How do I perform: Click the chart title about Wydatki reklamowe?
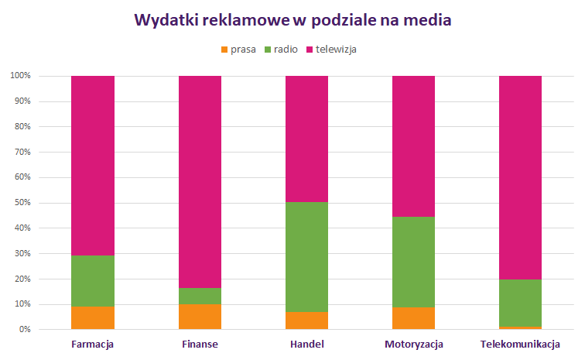coord(292,21)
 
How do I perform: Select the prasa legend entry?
coord(238,49)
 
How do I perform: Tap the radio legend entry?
coord(280,49)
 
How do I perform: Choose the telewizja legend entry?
coord(330,49)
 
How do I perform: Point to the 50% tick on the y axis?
coord(20,203)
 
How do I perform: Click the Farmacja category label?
coord(92,344)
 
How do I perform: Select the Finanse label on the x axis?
coord(200,344)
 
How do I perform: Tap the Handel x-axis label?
coord(306,344)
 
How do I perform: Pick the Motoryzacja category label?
coord(413,344)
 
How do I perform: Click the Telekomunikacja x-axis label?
coord(520,344)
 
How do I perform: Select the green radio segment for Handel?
coord(306,257)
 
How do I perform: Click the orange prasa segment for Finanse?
coord(200,317)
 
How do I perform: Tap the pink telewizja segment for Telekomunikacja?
coord(520,177)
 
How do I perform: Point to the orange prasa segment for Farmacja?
coord(92,318)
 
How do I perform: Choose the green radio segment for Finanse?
coord(200,296)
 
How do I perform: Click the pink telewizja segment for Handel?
coord(306,139)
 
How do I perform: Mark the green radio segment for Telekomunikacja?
coord(520,303)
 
